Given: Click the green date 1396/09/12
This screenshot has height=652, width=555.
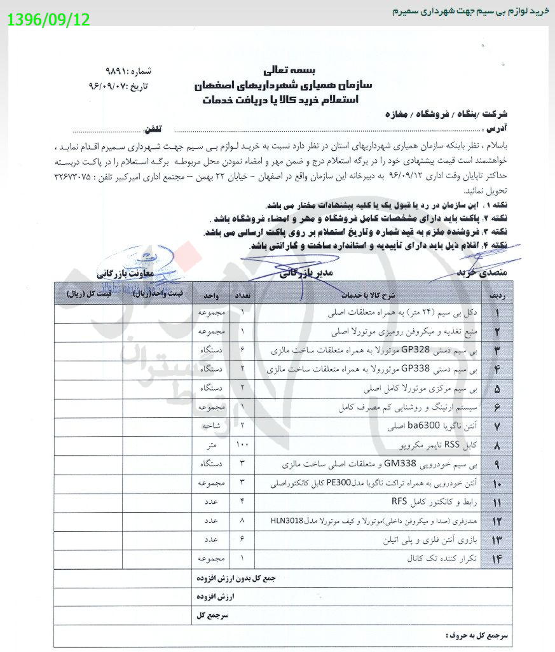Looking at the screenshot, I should [49, 20].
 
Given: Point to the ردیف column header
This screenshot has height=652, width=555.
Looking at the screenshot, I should [498, 296].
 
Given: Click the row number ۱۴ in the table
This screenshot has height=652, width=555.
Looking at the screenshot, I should [498, 558].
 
